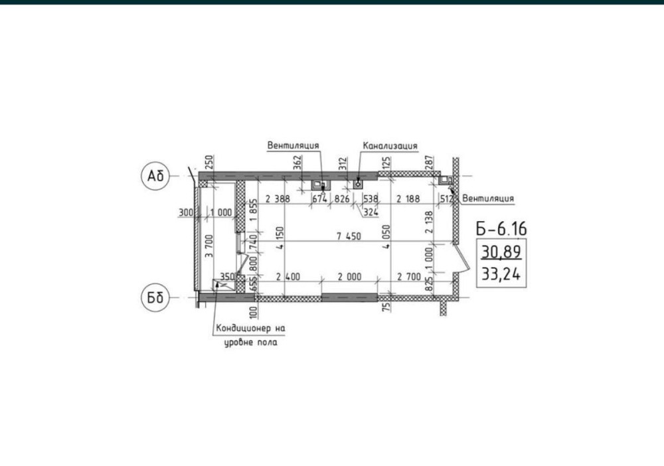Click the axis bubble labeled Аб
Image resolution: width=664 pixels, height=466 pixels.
(x=155, y=176)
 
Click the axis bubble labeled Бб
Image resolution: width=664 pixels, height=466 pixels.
(x=155, y=297)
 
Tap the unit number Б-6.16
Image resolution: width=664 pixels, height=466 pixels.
(x=501, y=229)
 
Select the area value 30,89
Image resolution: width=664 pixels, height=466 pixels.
(x=501, y=252)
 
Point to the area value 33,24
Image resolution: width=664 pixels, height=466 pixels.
(x=501, y=274)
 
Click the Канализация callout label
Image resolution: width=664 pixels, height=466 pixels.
(x=390, y=146)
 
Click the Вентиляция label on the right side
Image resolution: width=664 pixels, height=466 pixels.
(x=488, y=198)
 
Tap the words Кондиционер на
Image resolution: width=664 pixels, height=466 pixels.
(x=251, y=328)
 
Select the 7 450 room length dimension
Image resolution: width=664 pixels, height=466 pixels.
(x=349, y=236)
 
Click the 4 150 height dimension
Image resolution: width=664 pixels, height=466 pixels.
(x=280, y=238)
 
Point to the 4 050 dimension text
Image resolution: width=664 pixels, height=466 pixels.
(x=386, y=236)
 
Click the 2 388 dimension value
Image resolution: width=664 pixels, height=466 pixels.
(x=278, y=198)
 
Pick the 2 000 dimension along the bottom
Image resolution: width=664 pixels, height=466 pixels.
(x=349, y=277)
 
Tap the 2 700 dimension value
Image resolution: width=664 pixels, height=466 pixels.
(x=409, y=277)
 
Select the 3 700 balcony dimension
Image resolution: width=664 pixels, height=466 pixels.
(x=209, y=246)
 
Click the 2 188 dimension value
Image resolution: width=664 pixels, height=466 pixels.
(x=408, y=198)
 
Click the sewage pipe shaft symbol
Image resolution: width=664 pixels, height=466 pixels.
(x=359, y=184)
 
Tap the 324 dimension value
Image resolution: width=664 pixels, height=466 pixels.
(x=371, y=212)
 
